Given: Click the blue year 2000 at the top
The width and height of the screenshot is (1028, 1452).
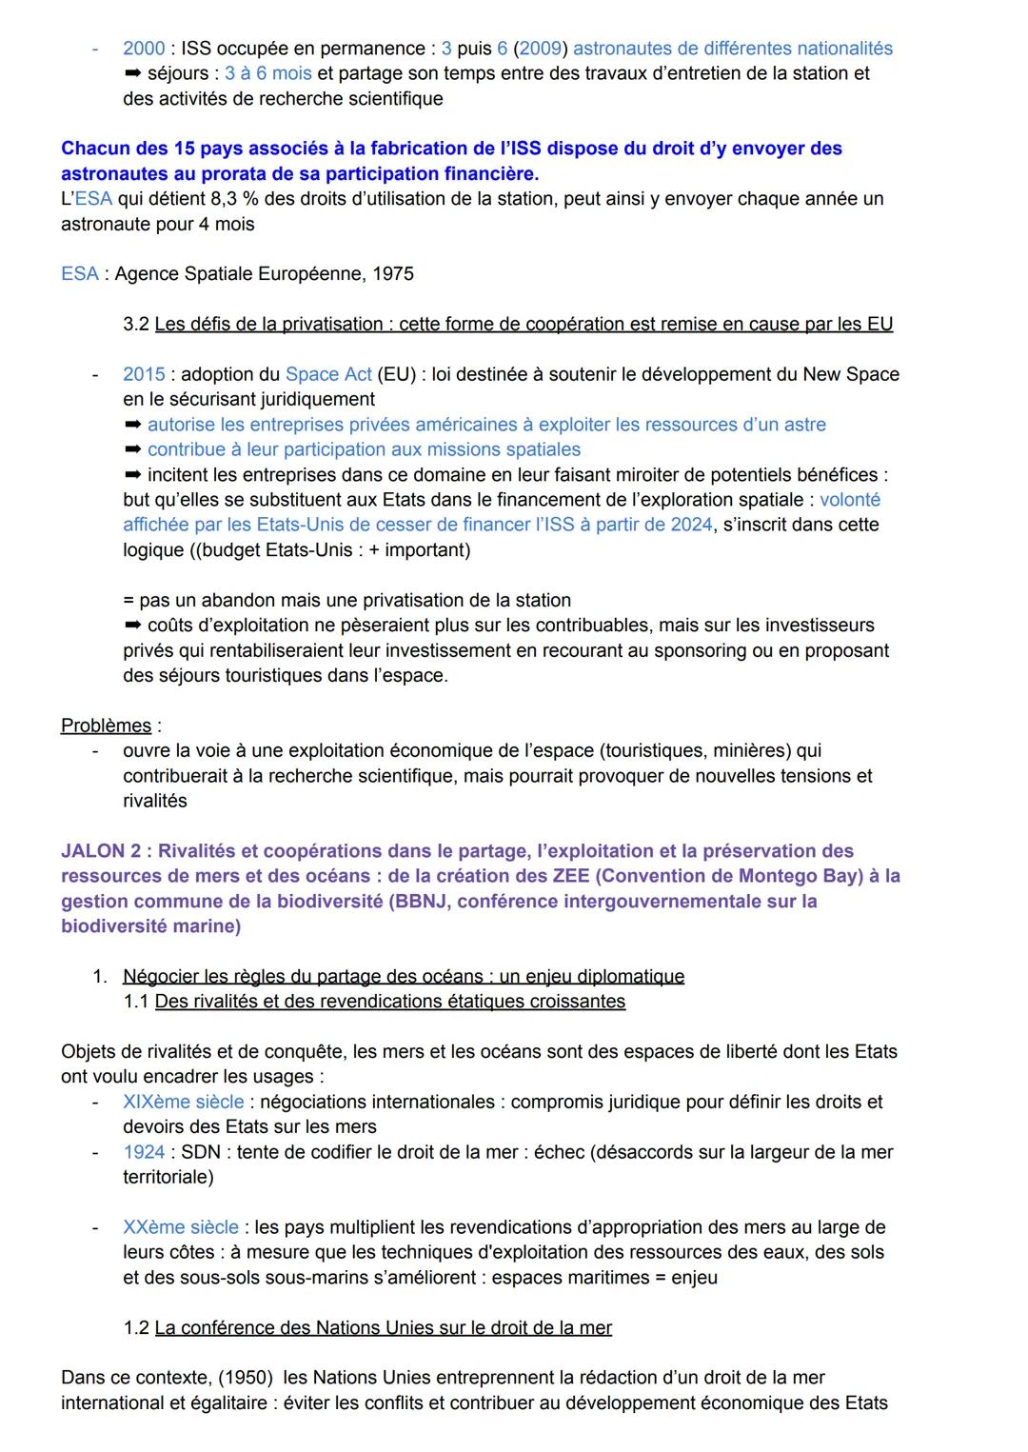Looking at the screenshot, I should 143,49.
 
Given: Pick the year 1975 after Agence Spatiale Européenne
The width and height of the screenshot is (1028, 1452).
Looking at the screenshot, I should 393,274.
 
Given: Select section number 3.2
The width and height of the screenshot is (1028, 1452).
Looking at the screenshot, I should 136,325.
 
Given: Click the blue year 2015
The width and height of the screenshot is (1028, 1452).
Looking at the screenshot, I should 144,374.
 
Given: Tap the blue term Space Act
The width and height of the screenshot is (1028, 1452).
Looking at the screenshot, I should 328,374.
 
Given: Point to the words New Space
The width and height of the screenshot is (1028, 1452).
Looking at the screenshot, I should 851,374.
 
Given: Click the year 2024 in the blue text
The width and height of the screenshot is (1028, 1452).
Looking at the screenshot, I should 691,525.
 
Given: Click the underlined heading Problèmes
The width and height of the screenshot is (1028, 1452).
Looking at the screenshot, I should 106,726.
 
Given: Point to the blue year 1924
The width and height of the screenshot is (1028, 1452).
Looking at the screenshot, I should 144,1152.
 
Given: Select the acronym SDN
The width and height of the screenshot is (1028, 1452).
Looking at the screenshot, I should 201,1152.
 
